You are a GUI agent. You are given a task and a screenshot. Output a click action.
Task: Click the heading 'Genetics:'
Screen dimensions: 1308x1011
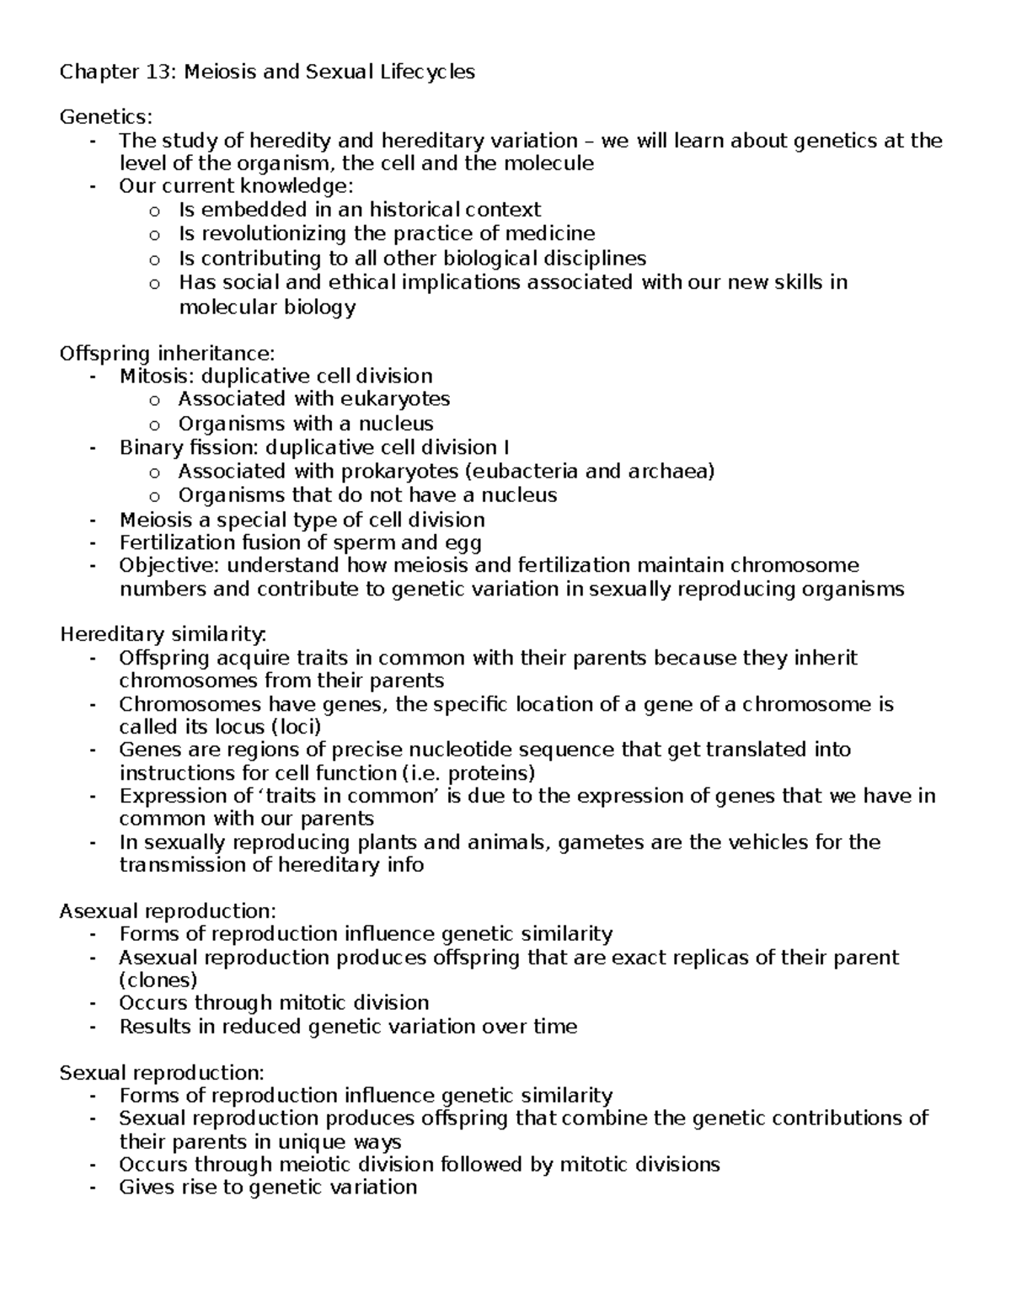pyautogui.click(x=106, y=117)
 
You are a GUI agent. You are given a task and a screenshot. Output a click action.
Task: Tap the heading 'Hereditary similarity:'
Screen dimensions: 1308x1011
pyautogui.click(x=163, y=633)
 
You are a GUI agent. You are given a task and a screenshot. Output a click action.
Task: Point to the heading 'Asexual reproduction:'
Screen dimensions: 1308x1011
pyautogui.click(x=168, y=910)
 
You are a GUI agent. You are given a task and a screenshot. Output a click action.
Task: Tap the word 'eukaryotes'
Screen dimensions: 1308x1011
pyautogui.click(x=395, y=398)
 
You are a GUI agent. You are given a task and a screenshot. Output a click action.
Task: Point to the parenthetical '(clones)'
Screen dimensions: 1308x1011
pyautogui.click(x=158, y=980)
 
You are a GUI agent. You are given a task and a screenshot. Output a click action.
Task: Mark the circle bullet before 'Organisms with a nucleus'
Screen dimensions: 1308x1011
pyautogui.click(x=153, y=424)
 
